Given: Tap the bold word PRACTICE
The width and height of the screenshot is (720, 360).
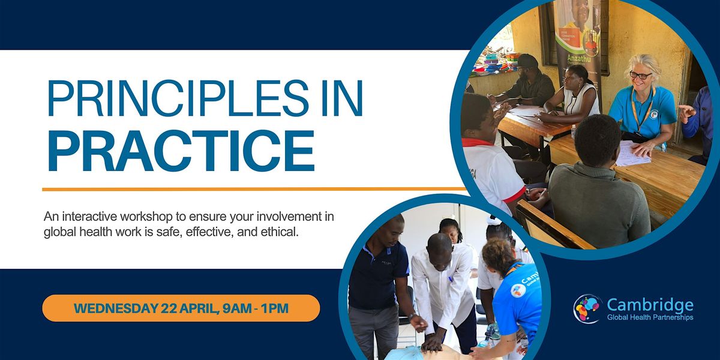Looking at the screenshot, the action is pyautogui.click(x=181, y=151).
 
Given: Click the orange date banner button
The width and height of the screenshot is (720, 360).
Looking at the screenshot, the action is pyautogui.click(x=181, y=308).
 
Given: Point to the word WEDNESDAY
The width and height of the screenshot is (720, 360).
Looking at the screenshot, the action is pyautogui.click(x=115, y=308).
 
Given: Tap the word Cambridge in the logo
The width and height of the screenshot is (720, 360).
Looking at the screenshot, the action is pyautogui.click(x=650, y=305).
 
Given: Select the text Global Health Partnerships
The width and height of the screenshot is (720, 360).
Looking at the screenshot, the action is pyautogui.click(x=650, y=317).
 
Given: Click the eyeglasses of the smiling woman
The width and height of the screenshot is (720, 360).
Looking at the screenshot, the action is pyautogui.click(x=641, y=75).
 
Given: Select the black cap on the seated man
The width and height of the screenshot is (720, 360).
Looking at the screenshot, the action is pyautogui.click(x=527, y=61).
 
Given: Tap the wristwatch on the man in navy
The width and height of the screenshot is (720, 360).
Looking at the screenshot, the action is pyautogui.click(x=411, y=316).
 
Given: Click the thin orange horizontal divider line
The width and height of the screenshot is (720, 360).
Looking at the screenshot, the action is pyautogui.click(x=254, y=189).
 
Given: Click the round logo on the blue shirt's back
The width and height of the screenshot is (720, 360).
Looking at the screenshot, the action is pyautogui.click(x=518, y=290).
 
